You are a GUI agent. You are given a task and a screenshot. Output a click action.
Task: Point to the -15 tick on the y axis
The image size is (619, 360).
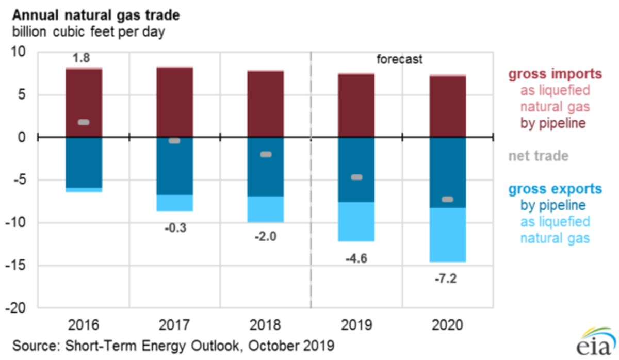[20, 266]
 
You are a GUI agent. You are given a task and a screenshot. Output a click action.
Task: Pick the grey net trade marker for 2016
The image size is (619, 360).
[84, 122]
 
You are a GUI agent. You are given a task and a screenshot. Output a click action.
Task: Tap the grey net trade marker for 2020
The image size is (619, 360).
[448, 200]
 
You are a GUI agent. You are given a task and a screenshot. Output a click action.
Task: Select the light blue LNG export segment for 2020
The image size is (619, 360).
[448, 235]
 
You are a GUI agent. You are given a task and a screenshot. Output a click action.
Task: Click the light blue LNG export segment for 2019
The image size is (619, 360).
[356, 221]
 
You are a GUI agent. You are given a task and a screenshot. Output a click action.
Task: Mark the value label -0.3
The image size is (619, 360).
[174, 228]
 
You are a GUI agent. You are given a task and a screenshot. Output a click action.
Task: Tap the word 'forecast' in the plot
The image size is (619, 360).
[399, 59]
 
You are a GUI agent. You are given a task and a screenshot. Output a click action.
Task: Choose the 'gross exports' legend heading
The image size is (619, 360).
[555, 189]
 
